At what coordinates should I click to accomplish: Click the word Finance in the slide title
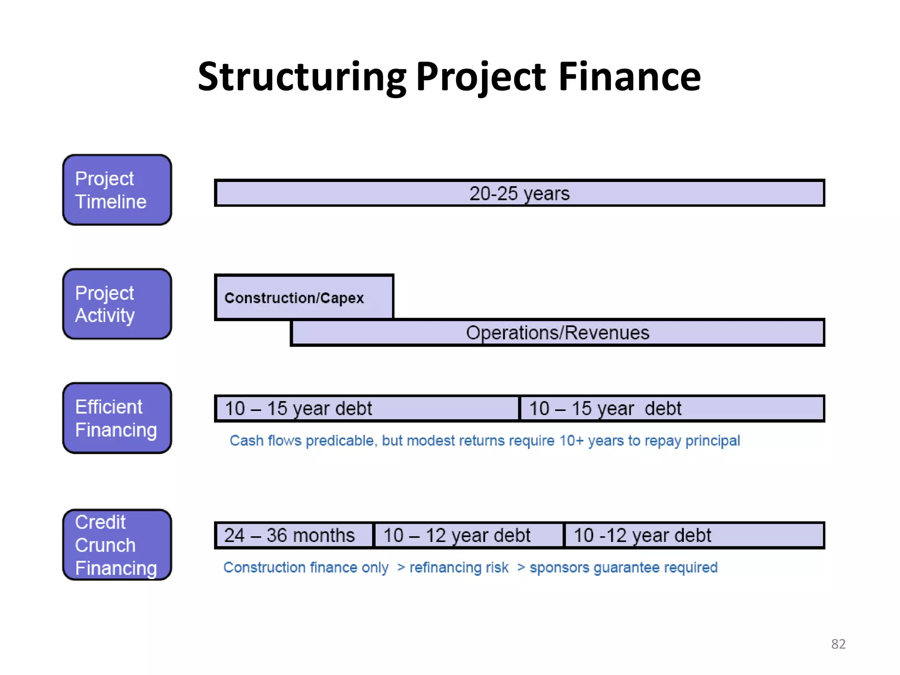click(629, 77)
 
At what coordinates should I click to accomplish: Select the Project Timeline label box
click(117, 190)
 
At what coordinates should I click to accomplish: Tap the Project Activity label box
click(117, 304)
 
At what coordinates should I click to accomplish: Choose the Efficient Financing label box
click(117, 418)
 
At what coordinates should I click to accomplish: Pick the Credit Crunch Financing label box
click(117, 545)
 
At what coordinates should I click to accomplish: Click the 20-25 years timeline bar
click(519, 193)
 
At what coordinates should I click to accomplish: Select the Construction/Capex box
click(304, 298)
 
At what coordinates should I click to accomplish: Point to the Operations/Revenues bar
click(557, 333)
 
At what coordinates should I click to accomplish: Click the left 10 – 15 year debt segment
click(367, 408)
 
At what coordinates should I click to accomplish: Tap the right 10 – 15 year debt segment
click(671, 408)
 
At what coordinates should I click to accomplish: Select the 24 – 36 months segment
click(294, 535)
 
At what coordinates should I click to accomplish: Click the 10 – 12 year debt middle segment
click(468, 535)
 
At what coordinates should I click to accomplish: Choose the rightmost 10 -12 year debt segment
click(693, 535)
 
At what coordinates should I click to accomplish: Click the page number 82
click(838, 644)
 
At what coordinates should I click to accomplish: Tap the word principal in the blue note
click(712, 440)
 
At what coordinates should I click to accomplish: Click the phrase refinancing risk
click(459, 567)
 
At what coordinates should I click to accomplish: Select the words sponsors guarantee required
click(623, 567)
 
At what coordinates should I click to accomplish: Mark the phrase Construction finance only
click(306, 567)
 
